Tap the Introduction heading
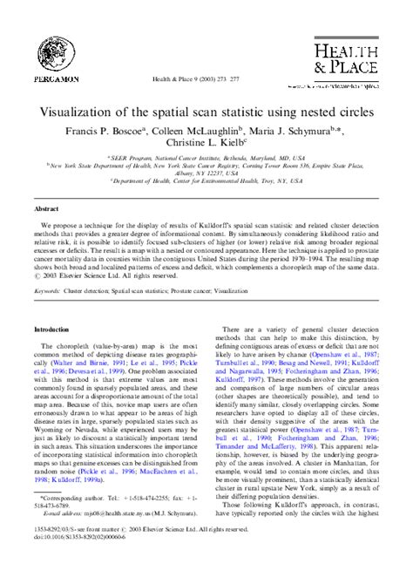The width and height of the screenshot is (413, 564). (51, 330)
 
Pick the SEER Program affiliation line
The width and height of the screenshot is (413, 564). (206, 159)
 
